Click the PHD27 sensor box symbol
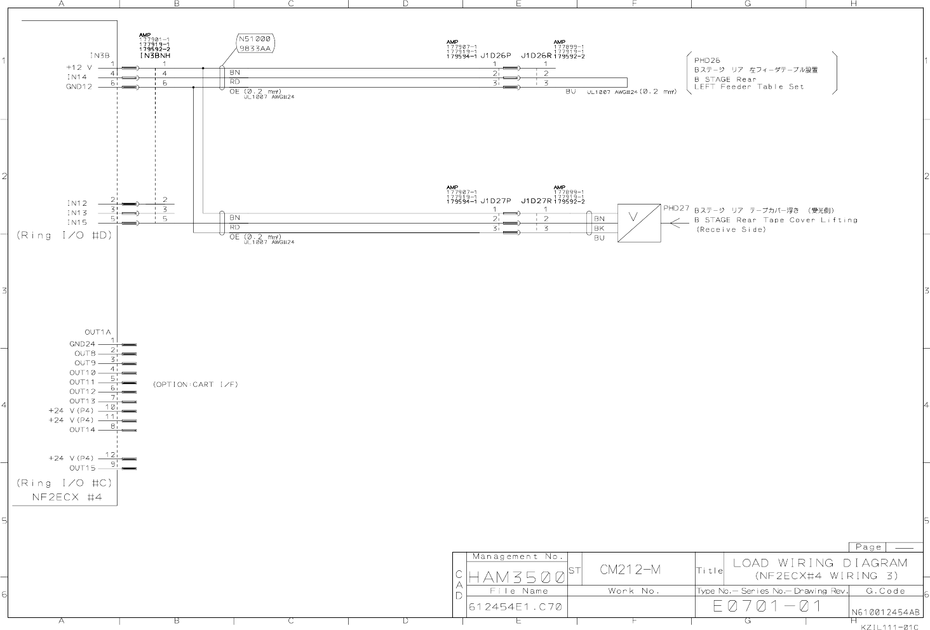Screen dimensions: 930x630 (x=638, y=224)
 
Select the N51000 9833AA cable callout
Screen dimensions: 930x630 (x=255, y=44)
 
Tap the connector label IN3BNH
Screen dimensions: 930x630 (x=155, y=56)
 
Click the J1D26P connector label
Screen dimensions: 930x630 (x=495, y=56)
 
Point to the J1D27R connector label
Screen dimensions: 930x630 (x=536, y=201)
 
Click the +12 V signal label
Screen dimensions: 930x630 (x=79, y=67)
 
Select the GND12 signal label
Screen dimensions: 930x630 (x=79, y=86)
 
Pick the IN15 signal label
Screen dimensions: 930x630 (x=77, y=222)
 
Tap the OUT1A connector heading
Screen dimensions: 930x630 (x=98, y=332)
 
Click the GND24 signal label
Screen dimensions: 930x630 (x=82, y=344)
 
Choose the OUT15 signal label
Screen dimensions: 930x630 (x=83, y=468)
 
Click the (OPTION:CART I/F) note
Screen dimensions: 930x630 (x=195, y=384)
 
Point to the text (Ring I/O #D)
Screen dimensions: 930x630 (x=64, y=234)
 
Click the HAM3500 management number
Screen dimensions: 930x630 (x=516, y=577)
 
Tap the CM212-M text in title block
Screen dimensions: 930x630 (x=630, y=569)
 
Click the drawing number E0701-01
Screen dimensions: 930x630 (x=768, y=607)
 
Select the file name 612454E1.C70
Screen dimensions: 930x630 (x=515, y=607)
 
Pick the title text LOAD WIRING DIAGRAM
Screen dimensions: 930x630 (x=820, y=563)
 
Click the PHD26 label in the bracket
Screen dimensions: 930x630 (x=707, y=61)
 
